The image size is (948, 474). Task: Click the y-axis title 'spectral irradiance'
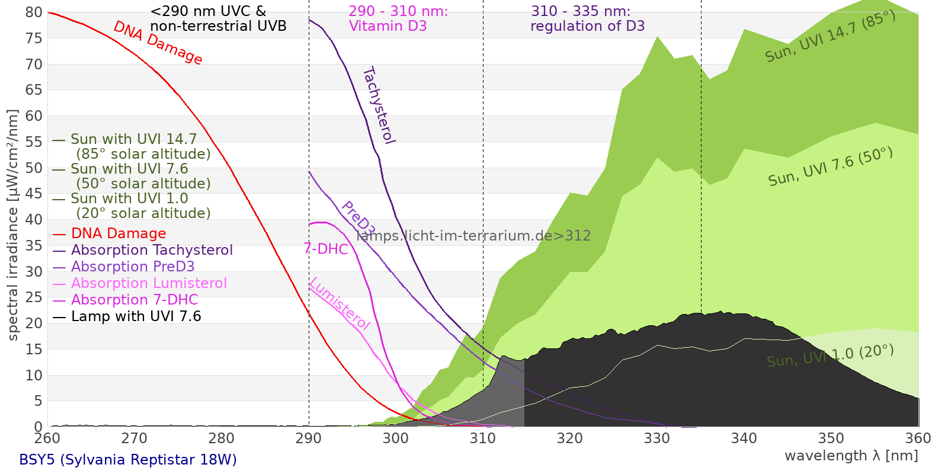(x=13, y=225)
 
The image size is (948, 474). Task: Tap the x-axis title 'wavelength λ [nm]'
(x=851, y=456)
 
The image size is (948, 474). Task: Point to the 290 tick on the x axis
(x=309, y=427)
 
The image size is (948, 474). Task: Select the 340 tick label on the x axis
(x=744, y=438)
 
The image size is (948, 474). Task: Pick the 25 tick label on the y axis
(x=34, y=297)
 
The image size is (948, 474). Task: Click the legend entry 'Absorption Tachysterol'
(x=152, y=250)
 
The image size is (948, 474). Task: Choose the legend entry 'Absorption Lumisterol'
(x=149, y=283)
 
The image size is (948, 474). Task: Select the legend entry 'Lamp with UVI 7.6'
(x=136, y=316)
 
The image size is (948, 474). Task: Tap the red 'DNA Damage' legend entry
(x=118, y=233)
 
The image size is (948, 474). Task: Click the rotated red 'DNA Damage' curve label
(x=158, y=43)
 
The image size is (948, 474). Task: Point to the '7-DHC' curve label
(x=326, y=249)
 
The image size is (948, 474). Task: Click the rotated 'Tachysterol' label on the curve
(x=378, y=105)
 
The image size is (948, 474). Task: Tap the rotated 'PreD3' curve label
(x=357, y=219)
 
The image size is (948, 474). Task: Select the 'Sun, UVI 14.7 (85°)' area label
(x=830, y=37)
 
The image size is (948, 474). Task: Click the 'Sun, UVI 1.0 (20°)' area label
(x=830, y=357)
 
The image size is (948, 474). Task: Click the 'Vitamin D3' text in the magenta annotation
(x=387, y=26)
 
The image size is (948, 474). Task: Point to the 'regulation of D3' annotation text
(x=587, y=26)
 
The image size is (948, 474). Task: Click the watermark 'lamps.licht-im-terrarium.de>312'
(x=473, y=236)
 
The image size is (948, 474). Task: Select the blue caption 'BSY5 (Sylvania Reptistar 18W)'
(x=128, y=460)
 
